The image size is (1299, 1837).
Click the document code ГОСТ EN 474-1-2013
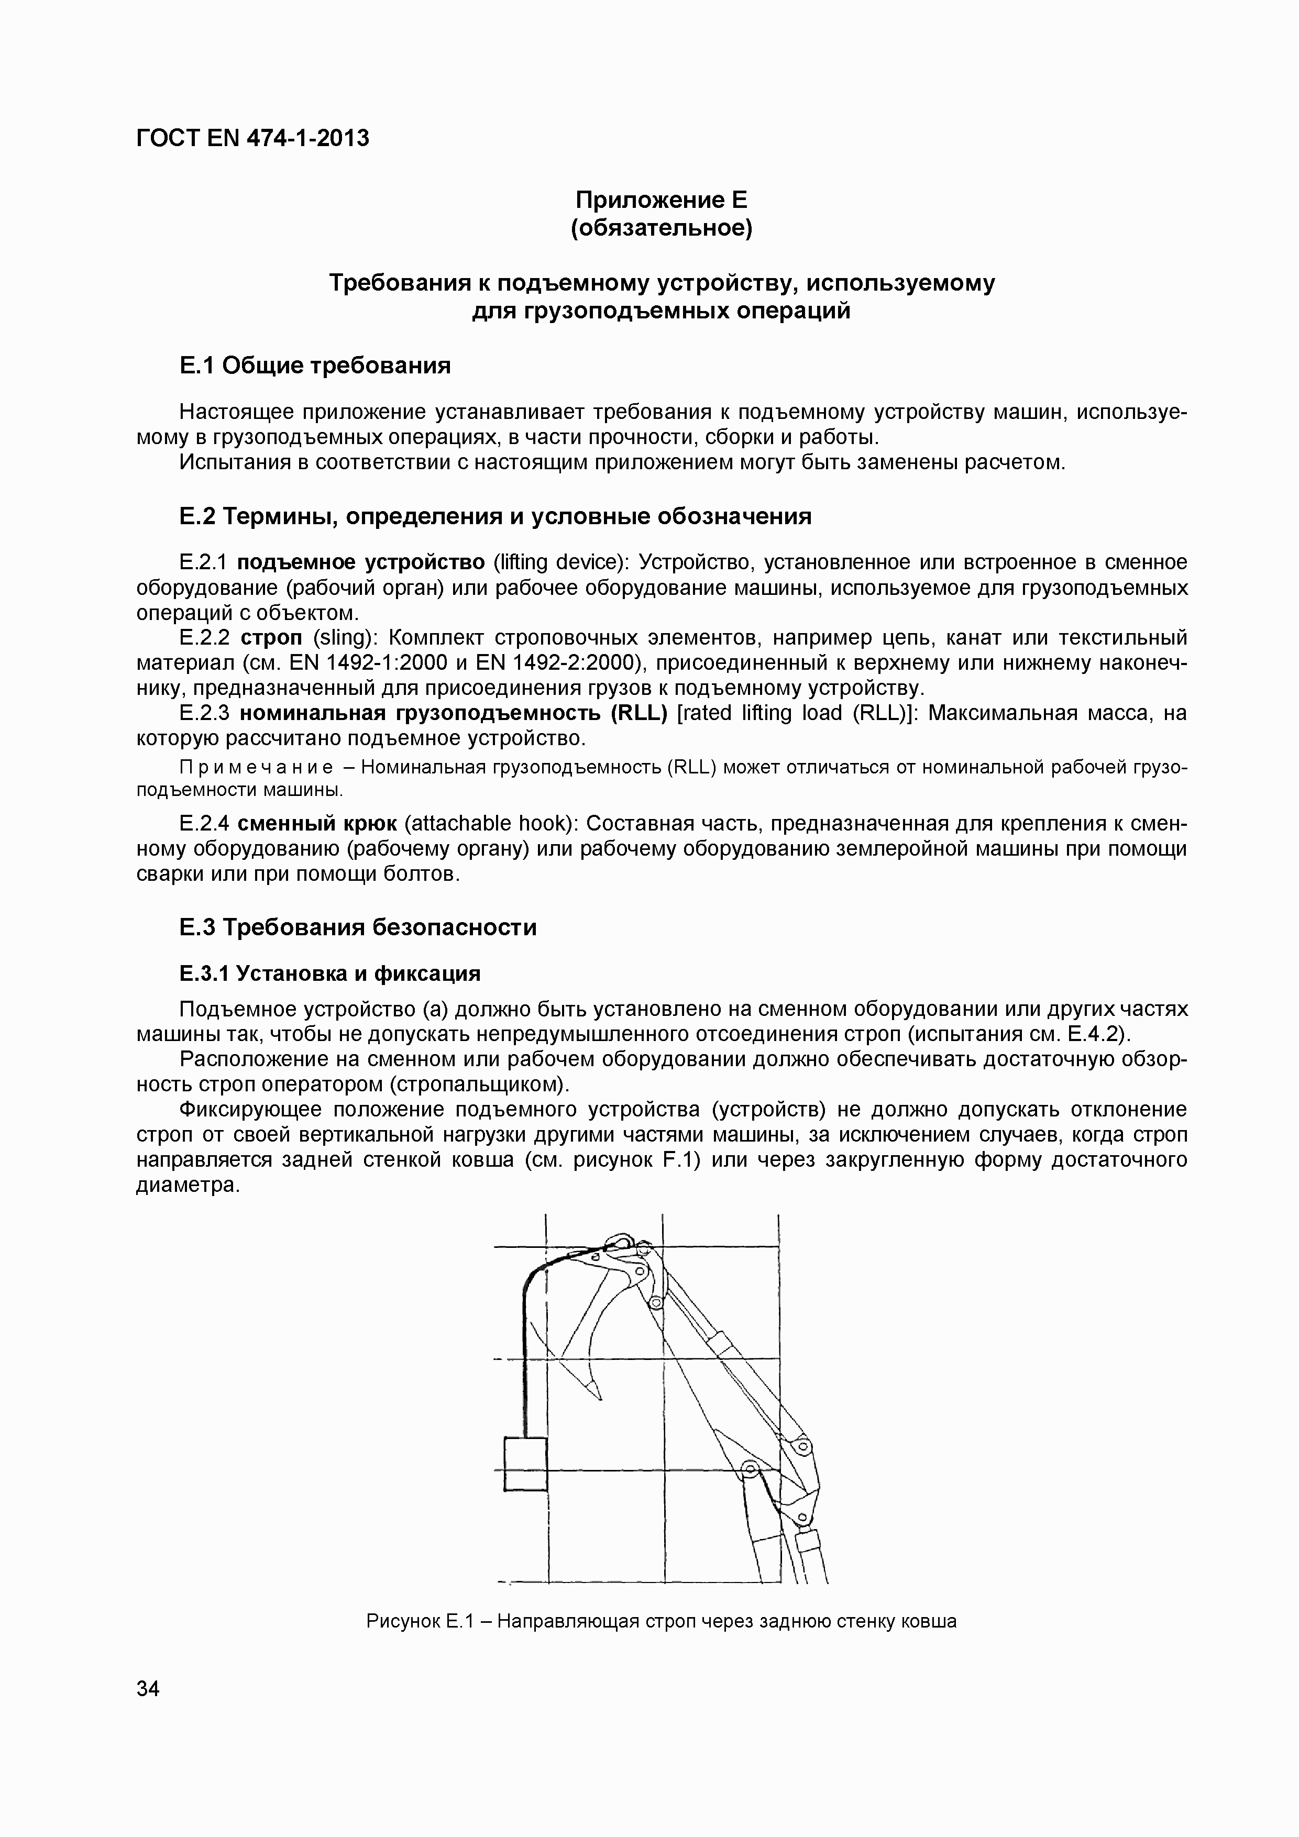[x=253, y=138]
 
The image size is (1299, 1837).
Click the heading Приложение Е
[x=661, y=198]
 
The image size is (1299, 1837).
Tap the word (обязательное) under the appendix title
[x=661, y=228]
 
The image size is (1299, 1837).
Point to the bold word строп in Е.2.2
[x=271, y=638]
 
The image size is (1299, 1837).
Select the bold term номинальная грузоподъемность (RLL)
[x=453, y=712]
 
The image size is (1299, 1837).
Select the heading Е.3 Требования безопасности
[x=358, y=927]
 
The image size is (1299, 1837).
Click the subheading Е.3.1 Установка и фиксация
[x=330, y=973]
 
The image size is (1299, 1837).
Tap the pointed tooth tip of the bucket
[x=597, y=1396]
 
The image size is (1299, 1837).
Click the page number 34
[x=148, y=1689]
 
